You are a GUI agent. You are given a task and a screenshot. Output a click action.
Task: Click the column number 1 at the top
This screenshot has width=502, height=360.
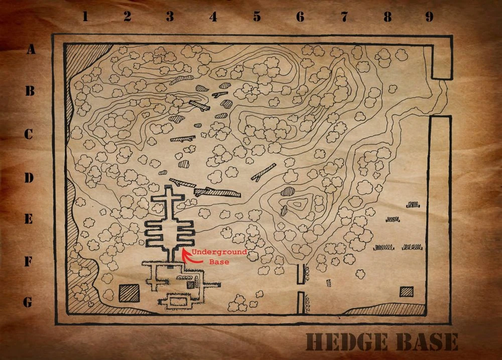point(85,17)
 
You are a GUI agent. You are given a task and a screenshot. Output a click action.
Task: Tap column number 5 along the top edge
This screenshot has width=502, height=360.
point(257,17)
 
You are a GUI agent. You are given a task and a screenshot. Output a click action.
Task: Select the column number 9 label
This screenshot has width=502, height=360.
point(429,17)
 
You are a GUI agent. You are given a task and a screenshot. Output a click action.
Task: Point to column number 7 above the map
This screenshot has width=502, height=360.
point(344,17)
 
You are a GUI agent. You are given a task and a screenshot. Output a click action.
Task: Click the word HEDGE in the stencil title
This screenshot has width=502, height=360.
point(346,342)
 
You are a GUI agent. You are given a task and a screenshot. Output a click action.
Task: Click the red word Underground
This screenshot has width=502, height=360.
point(219,252)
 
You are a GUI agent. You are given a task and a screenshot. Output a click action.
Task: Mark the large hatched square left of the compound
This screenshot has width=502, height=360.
point(129,293)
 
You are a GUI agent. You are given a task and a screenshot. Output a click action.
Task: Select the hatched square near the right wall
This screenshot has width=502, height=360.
point(407,291)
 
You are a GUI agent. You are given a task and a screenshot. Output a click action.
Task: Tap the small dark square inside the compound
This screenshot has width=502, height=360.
point(190,285)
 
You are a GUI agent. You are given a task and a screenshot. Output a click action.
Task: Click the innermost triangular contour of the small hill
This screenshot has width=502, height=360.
point(300,204)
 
